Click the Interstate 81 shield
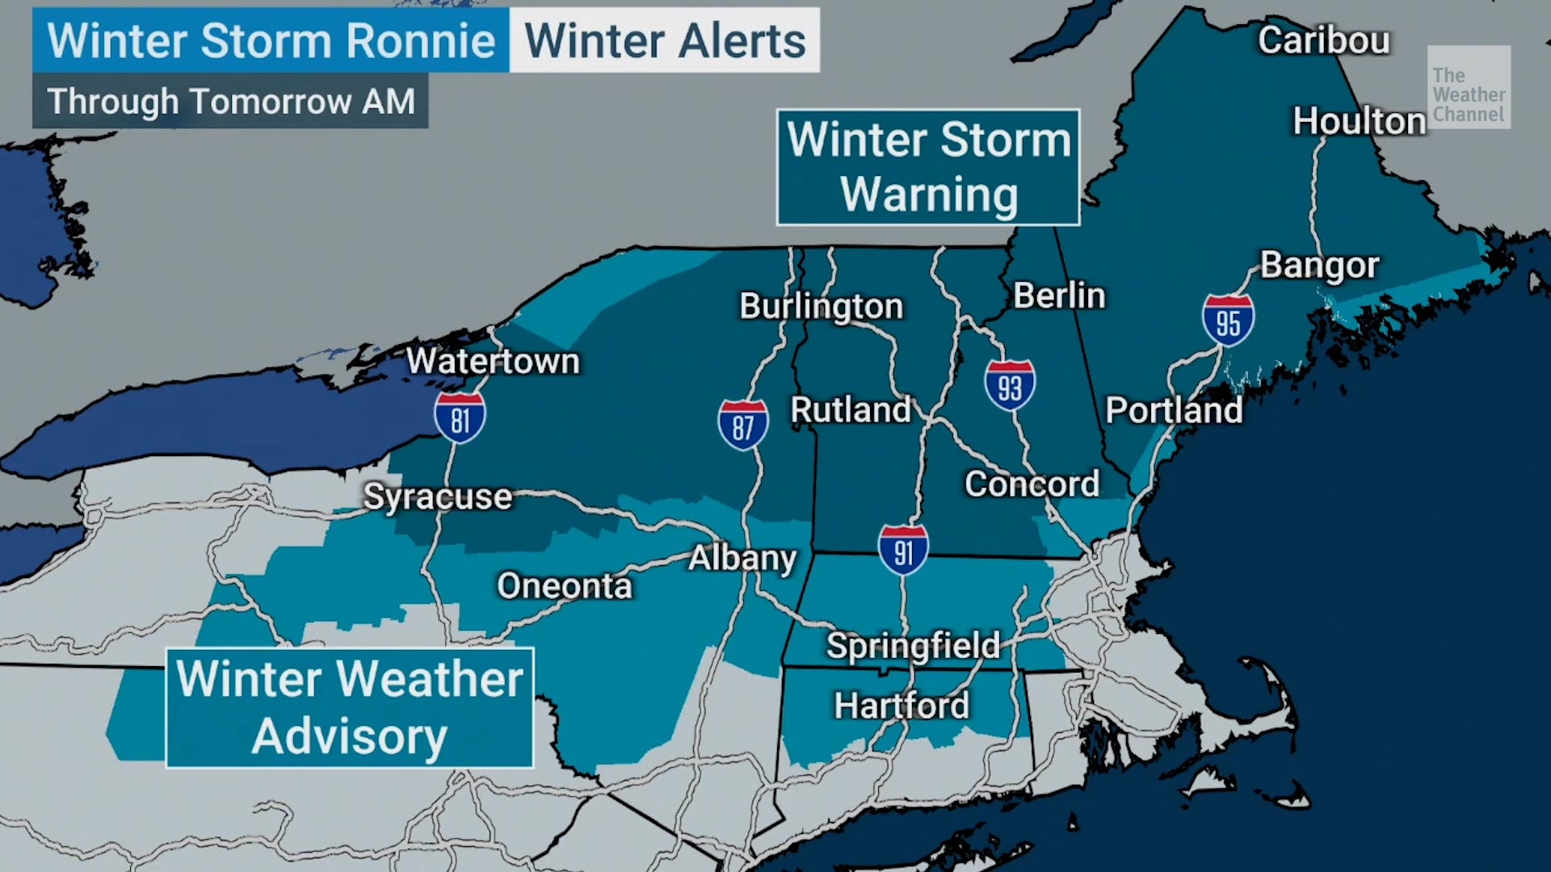(x=460, y=417)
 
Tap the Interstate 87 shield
(x=742, y=425)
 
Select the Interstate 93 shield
(x=1010, y=385)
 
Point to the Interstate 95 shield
(x=1228, y=320)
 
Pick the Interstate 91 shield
(x=903, y=550)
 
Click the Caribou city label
(x=1323, y=40)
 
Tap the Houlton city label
(x=1359, y=121)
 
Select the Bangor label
(x=1319, y=265)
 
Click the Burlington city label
(x=821, y=306)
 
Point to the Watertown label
(x=493, y=361)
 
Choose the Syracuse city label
(x=437, y=497)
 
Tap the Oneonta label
(x=564, y=585)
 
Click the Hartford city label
(x=902, y=706)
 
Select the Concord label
(x=1032, y=484)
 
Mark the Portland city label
(x=1173, y=410)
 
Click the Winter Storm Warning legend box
(x=928, y=167)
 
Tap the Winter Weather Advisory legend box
(x=349, y=707)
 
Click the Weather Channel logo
(x=1468, y=86)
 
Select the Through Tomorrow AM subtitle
(x=230, y=102)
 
